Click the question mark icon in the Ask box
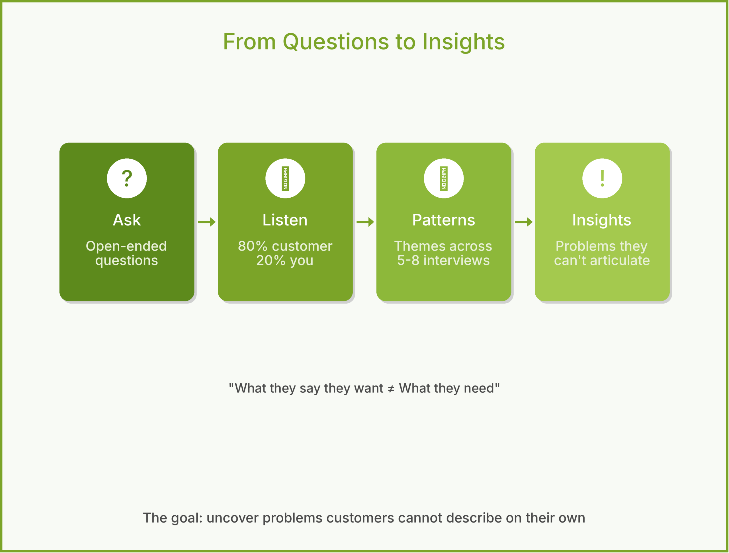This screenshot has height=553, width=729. (127, 178)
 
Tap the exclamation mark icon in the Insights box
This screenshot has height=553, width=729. (602, 178)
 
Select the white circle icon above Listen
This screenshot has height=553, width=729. (285, 178)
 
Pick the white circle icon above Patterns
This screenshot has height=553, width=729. (444, 178)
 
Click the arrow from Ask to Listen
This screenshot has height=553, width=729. (207, 222)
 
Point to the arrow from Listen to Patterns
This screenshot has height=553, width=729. (365, 222)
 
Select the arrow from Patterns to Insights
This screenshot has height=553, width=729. (524, 222)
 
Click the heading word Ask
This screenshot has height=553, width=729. (127, 220)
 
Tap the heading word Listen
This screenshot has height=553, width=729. (285, 220)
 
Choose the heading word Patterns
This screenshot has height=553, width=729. (444, 220)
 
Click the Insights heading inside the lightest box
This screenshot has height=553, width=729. (602, 220)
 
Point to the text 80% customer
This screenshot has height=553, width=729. (285, 246)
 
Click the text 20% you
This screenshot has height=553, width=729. (285, 260)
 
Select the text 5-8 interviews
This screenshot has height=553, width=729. (444, 260)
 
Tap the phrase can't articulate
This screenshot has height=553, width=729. (602, 260)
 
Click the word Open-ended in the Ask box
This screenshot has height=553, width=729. (126, 246)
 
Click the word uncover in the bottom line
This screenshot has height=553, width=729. (232, 518)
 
